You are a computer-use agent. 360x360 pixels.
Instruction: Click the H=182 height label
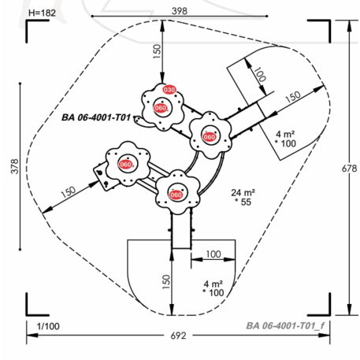42,13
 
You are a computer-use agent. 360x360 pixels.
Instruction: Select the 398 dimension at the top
180,11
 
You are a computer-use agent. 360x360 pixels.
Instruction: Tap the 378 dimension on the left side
15,166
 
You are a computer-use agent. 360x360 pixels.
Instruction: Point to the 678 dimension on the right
349,169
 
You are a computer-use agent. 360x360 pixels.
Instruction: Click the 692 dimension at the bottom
179,336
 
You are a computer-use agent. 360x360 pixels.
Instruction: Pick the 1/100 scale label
48,326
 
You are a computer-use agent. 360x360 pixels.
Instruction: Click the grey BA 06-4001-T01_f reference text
285,326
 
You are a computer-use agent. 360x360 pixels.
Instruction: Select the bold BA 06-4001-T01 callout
96,117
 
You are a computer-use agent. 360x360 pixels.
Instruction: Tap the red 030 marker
169,90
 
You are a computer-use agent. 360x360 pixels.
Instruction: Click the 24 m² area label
243,193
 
